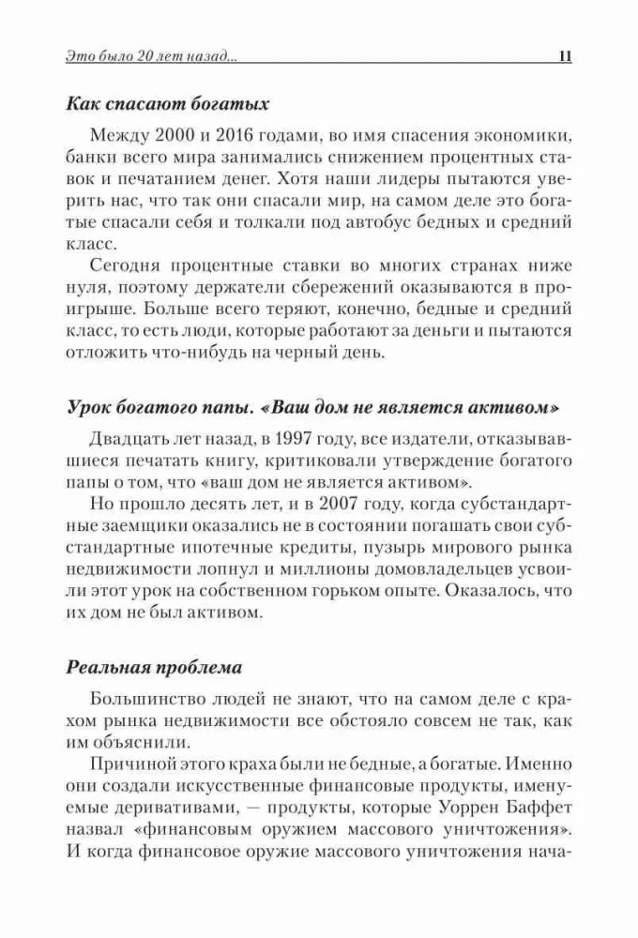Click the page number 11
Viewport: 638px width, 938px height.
click(564, 56)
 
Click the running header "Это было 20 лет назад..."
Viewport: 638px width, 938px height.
click(151, 56)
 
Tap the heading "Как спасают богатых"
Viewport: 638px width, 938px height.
click(168, 103)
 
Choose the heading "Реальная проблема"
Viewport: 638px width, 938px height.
click(154, 668)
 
